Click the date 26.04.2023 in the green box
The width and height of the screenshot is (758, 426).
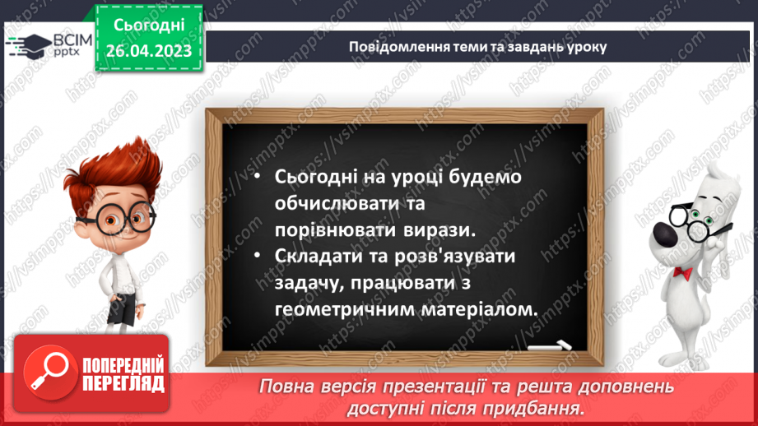148,51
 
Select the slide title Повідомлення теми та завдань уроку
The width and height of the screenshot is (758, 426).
477,47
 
